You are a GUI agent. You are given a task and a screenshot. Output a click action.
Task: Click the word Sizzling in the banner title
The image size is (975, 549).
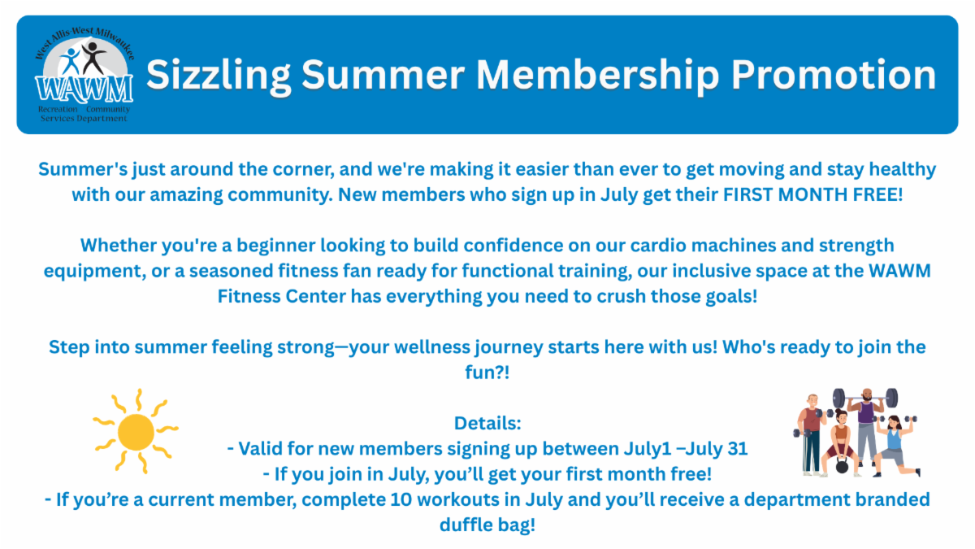coord(218,76)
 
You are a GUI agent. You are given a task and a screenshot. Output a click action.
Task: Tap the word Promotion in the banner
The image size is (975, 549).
coord(833,75)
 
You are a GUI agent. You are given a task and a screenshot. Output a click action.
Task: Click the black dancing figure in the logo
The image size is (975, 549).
coord(93,58)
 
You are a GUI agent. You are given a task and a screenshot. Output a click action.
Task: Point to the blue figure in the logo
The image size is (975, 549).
coord(70,61)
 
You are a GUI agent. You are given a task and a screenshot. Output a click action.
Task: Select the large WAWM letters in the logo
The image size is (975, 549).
coord(84,89)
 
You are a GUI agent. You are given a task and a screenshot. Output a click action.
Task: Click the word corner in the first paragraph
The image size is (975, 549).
coord(304,169)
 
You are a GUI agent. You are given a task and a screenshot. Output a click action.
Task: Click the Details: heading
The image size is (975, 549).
coord(487,423)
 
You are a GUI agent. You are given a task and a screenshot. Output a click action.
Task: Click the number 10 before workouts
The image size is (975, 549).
coord(401,499)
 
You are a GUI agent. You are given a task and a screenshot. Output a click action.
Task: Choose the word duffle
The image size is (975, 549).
coord(466,525)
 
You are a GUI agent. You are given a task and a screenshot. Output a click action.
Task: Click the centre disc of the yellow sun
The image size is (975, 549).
coord(136,432)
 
